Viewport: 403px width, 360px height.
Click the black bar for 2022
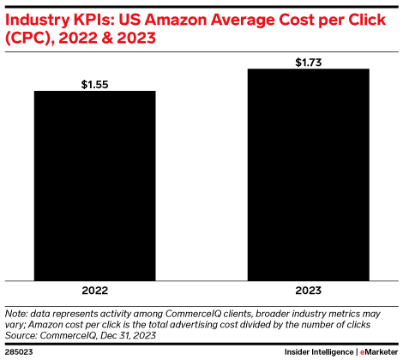(x=94, y=185)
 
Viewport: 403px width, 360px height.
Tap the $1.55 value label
(x=94, y=84)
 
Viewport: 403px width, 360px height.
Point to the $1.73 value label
(x=308, y=62)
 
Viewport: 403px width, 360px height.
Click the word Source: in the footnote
(x=22, y=335)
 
